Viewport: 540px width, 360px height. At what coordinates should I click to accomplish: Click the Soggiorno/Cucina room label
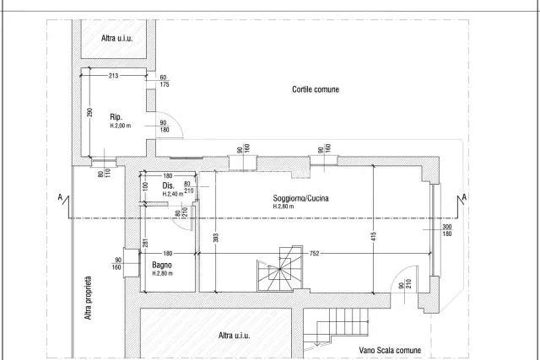[x=300, y=198]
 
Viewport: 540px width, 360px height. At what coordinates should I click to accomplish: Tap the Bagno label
[x=162, y=265]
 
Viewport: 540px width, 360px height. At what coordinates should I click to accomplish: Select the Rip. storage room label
[x=116, y=117]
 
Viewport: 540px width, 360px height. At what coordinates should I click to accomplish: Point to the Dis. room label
[x=169, y=185]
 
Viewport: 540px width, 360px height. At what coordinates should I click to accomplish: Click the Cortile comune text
[x=316, y=89]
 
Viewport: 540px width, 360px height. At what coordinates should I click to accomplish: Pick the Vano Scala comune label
[x=390, y=351]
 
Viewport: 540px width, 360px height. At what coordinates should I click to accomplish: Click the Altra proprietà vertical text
[x=88, y=298]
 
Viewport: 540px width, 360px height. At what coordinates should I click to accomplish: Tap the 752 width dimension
[x=314, y=254]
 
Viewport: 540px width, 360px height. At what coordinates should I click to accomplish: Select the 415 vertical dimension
[x=374, y=236]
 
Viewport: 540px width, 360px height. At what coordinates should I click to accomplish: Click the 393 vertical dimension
[x=216, y=238]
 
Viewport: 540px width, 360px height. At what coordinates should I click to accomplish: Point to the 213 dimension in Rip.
[x=114, y=75]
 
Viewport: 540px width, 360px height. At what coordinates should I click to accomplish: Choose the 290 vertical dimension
[x=90, y=112]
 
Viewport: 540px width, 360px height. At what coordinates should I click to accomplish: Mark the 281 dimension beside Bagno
[x=145, y=243]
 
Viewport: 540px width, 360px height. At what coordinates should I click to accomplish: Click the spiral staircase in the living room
[x=280, y=268]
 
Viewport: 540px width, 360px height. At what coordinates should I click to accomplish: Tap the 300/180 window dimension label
[x=446, y=230]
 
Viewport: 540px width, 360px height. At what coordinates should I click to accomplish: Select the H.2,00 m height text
[x=121, y=126]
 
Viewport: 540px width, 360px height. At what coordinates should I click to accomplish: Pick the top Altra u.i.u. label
[x=116, y=38]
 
